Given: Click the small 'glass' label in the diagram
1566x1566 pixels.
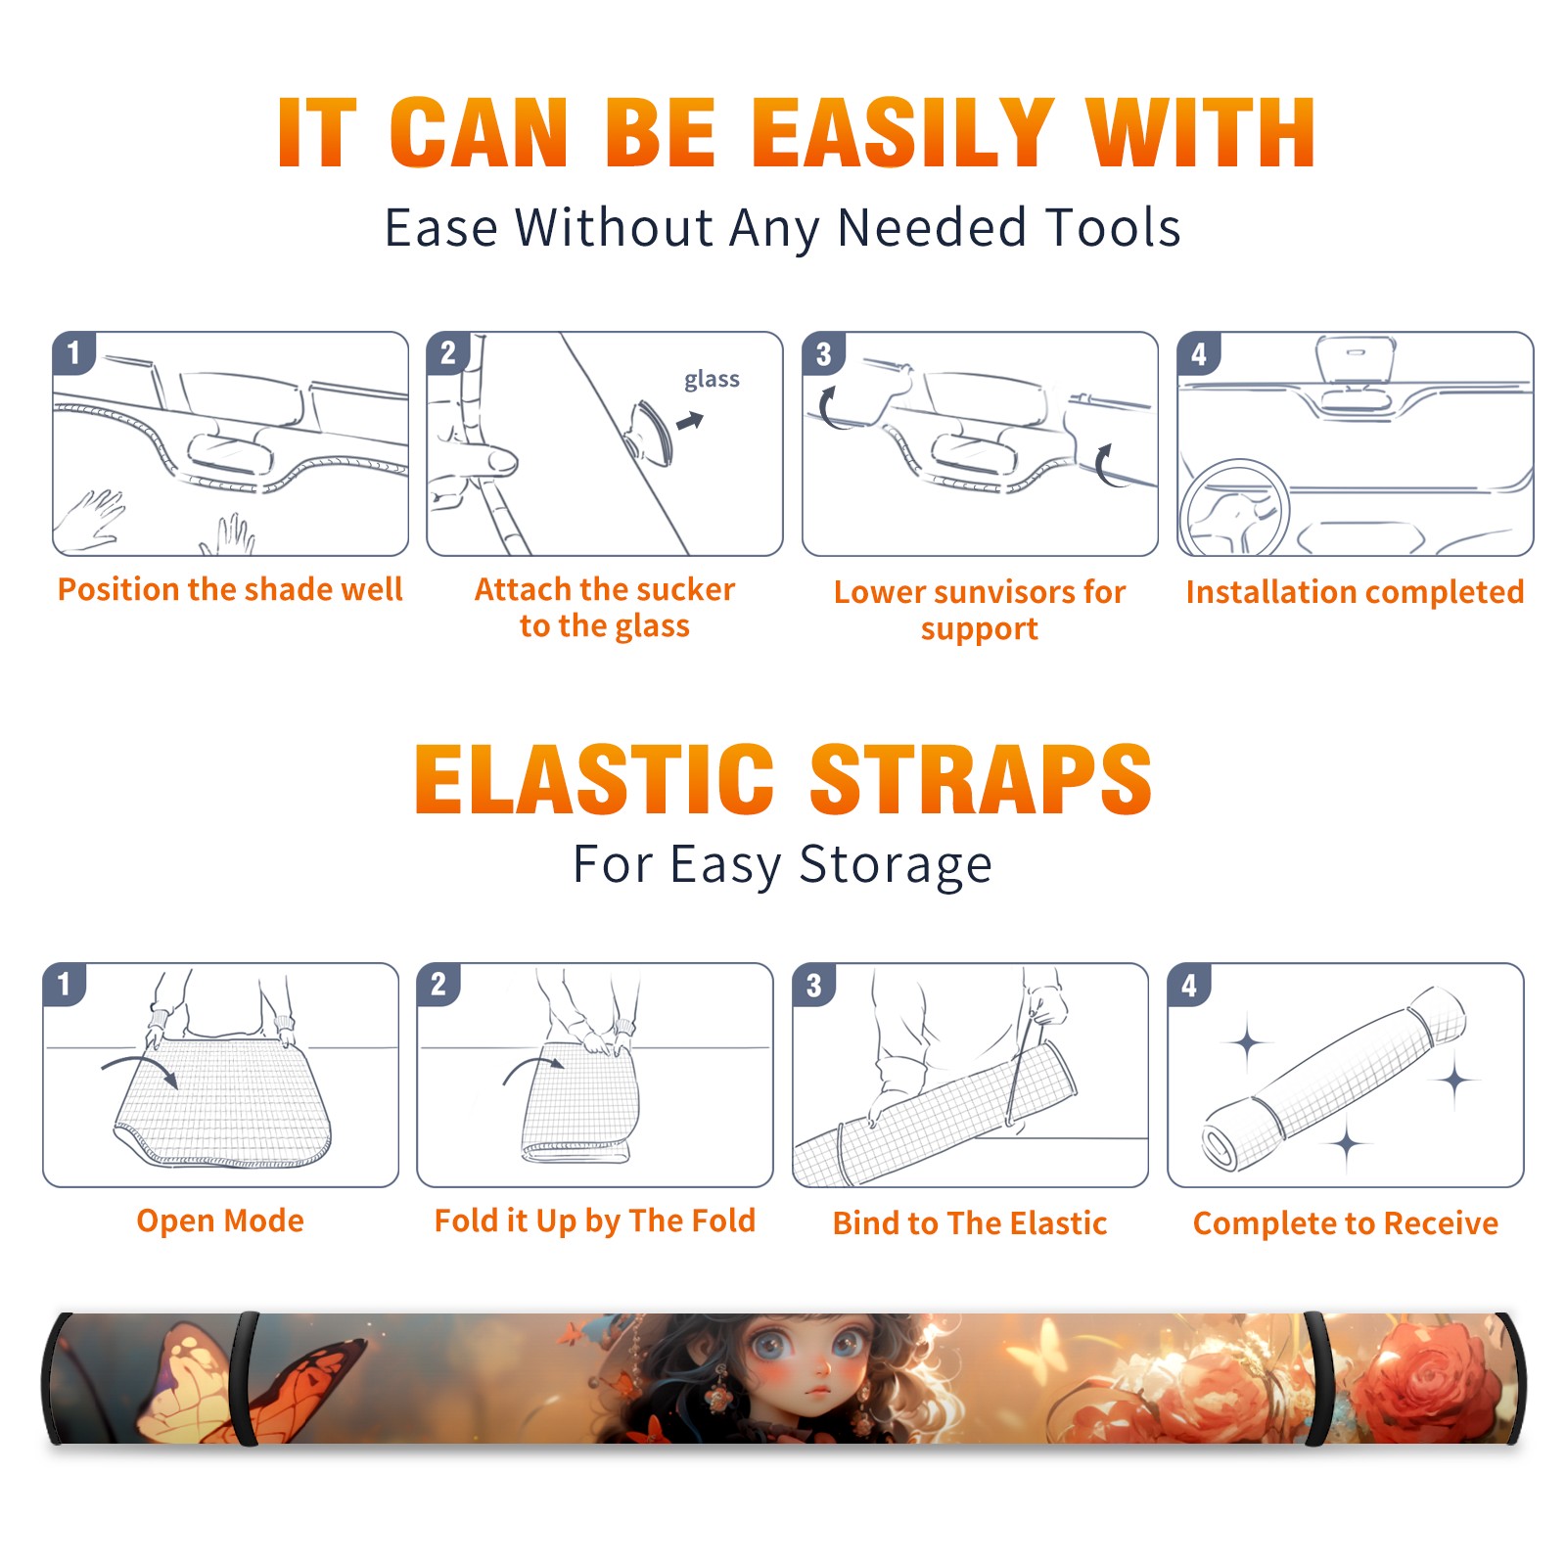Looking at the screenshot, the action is (x=712, y=380).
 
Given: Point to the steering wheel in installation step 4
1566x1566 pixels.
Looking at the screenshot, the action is (x=1235, y=509).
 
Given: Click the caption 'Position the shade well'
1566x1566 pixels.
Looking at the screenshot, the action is (x=230, y=589).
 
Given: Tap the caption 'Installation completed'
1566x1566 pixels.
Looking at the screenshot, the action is (x=1355, y=591).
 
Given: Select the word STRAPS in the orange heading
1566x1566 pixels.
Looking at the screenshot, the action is (x=981, y=779).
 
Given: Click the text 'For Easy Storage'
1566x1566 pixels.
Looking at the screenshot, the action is (x=782, y=864).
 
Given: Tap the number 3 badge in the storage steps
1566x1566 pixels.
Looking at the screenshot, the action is (x=813, y=986).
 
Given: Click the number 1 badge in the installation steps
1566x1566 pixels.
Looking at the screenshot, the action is (x=73, y=352).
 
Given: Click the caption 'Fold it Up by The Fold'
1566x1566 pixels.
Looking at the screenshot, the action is (x=595, y=1221).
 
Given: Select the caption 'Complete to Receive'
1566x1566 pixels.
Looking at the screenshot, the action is (x=1346, y=1223).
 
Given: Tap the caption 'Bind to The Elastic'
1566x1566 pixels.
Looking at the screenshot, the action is (x=970, y=1223).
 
